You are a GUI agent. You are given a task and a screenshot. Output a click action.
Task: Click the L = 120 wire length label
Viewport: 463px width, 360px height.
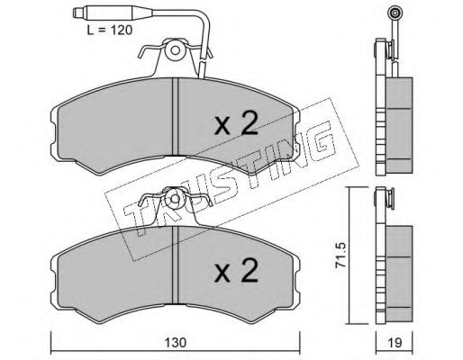click(110, 30)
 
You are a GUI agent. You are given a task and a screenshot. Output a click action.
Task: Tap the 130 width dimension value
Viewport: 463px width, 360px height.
click(176, 342)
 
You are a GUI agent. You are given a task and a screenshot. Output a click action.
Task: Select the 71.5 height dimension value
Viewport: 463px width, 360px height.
click(340, 256)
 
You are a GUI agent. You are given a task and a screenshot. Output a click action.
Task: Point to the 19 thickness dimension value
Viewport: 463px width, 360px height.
click(395, 342)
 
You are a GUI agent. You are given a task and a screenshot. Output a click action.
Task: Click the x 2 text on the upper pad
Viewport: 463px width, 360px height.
click(236, 123)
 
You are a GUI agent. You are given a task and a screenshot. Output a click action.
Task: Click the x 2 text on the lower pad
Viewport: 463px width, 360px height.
click(236, 271)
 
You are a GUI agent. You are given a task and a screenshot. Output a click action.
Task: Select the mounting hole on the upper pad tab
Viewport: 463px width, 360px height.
click(175, 49)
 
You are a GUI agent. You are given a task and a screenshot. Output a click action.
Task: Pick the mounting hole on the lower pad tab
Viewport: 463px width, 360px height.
click(175, 198)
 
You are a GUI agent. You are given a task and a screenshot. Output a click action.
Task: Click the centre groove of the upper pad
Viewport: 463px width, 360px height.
click(175, 116)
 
